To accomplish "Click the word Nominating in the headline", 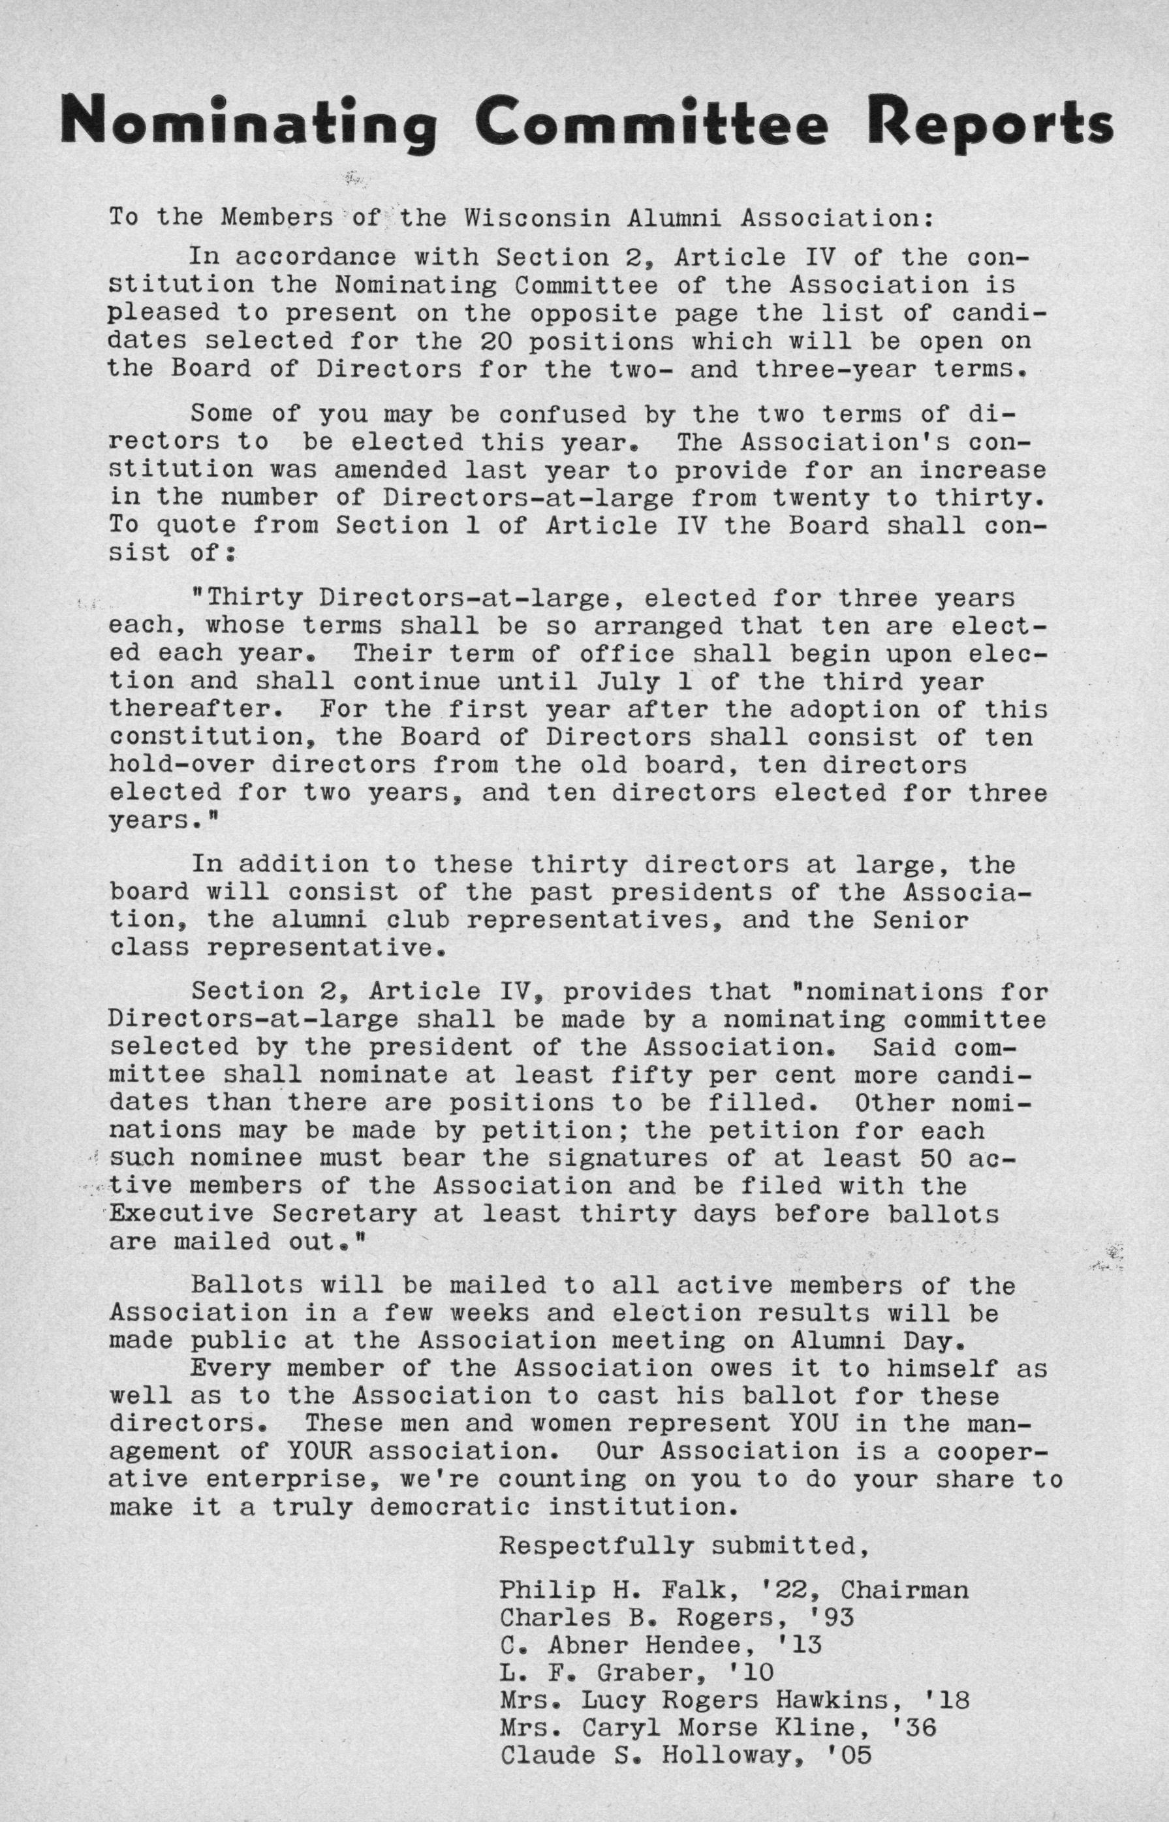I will (248, 121).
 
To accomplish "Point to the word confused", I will (563, 415).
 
